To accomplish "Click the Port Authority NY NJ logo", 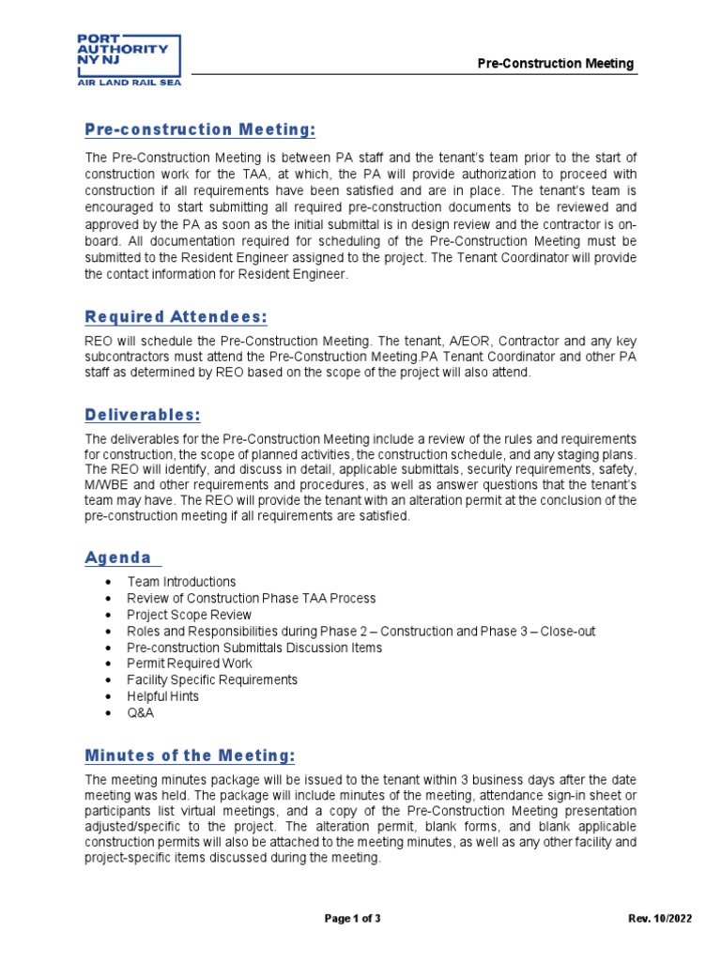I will pyautogui.click(x=129, y=55).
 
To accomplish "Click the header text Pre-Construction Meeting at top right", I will pyautogui.click(x=556, y=64).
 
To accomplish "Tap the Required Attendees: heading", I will pyautogui.click(x=176, y=317).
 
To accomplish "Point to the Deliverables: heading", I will pyautogui.click(x=143, y=415).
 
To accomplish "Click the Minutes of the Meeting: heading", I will pyautogui.click(x=190, y=755).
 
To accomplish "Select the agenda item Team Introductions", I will pyautogui.click(x=181, y=582).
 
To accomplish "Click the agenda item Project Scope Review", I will pyautogui.click(x=190, y=615).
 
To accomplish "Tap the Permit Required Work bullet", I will pyautogui.click(x=190, y=664).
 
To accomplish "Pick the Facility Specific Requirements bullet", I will pyautogui.click(x=212, y=679).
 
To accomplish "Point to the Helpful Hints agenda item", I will pyautogui.click(x=163, y=696).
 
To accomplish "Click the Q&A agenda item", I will pyautogui.click(x=141, y=712).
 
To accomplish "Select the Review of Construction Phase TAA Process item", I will pyautogui.click(x=252, y=598).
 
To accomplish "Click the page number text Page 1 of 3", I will pyautogui.click(x=352, y=919).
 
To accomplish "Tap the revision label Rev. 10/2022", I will pyautogui.click(x=660, y=919).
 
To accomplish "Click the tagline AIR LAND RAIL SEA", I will pyautogui.click(x=129, y=83).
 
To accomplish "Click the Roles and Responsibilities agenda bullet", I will pyautogui.click(x=360, y=631).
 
